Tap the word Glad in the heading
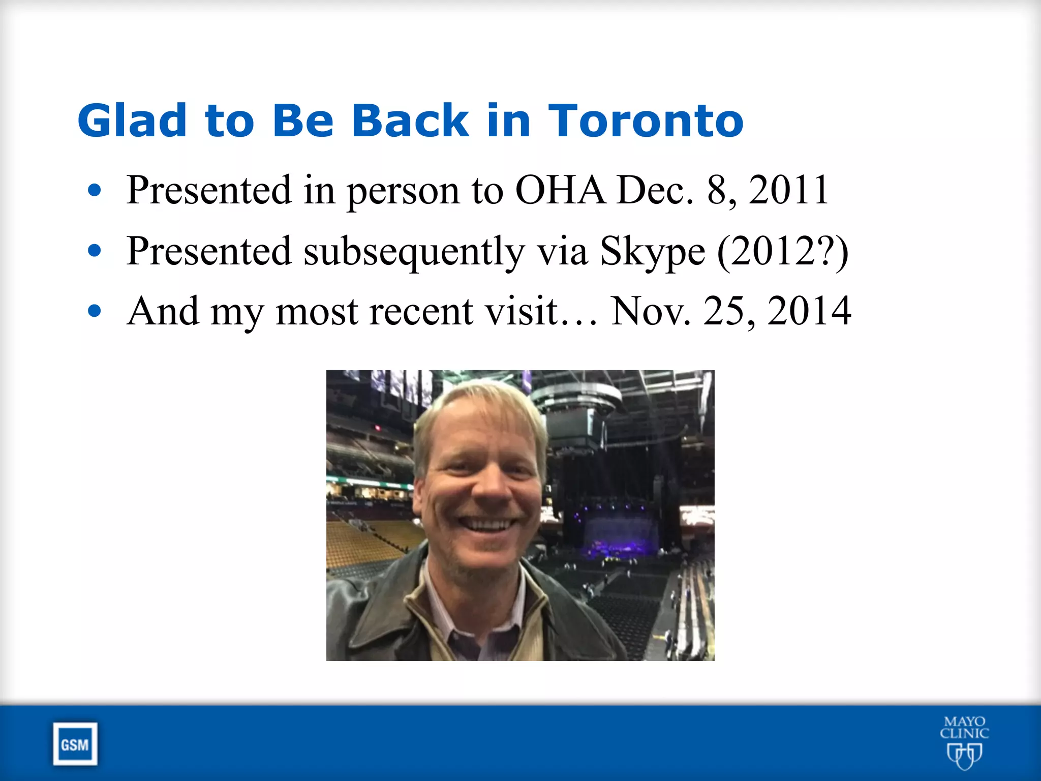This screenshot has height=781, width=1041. [132, 121]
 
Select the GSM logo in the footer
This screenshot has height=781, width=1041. [75, 744]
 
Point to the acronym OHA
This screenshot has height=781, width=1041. [561, 190]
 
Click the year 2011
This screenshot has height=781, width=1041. [789, 190]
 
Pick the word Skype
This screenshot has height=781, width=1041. [652, 252]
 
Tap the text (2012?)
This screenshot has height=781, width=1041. [783, 251]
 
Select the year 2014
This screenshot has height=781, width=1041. [809, 311]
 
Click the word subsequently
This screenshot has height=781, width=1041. [414, 252]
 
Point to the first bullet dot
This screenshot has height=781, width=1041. [95, 191]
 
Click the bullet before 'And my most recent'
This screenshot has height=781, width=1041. [95, 311]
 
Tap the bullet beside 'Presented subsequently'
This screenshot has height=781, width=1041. [95, 250]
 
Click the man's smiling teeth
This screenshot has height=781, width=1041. [487, 524]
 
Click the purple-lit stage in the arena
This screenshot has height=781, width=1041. [618, 534]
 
